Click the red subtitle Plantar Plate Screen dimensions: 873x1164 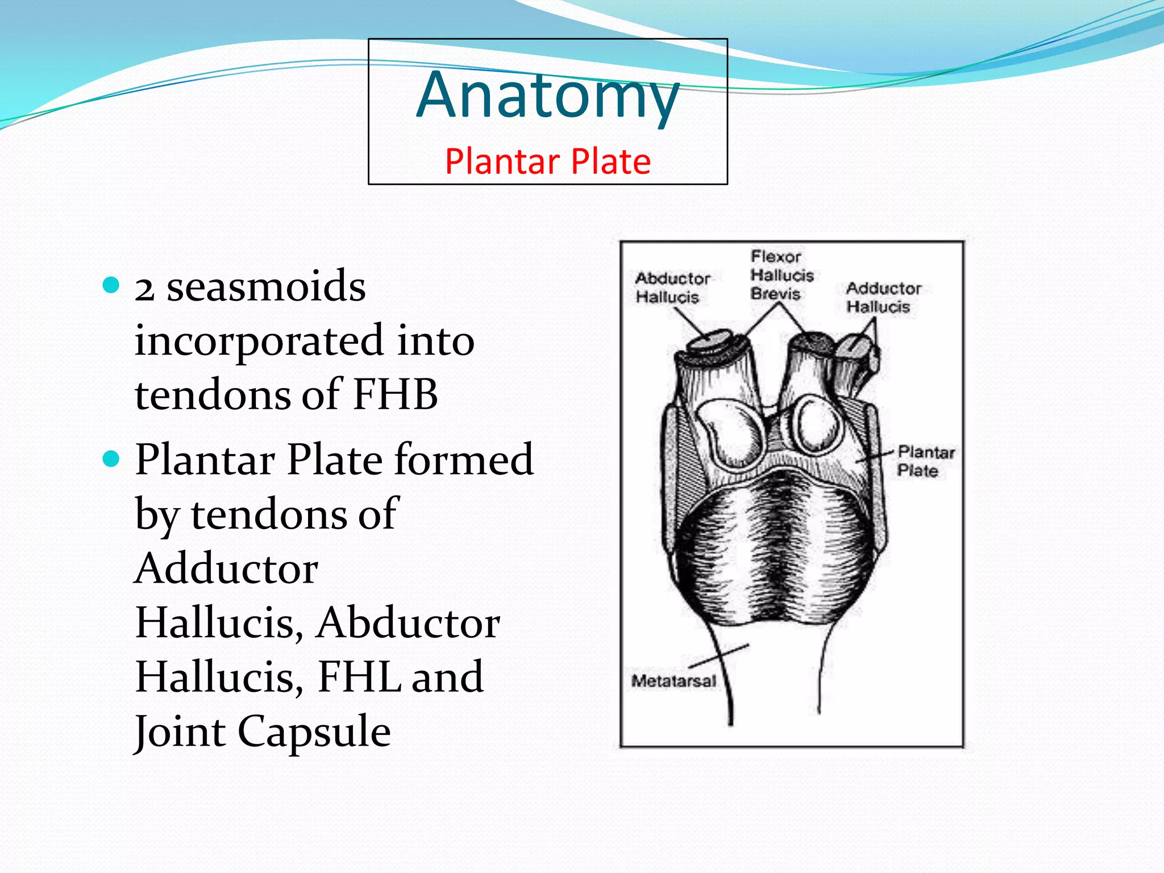click(547, 161)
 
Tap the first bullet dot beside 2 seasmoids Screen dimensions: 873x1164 click(111, 285)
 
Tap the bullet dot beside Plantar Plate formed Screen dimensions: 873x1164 click(111, 458)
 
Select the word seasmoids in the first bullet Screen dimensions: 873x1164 click(266, 286)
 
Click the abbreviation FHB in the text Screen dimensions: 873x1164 click(395, 394)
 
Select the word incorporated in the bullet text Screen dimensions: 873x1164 click(259, 340)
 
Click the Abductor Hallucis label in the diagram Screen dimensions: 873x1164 click(672, 288)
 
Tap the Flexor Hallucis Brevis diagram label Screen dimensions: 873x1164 click(781, 275)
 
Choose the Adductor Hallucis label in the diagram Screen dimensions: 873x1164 click(883, 297)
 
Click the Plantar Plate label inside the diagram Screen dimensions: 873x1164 click(925, 461)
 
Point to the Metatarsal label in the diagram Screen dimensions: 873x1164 click(674, 680)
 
